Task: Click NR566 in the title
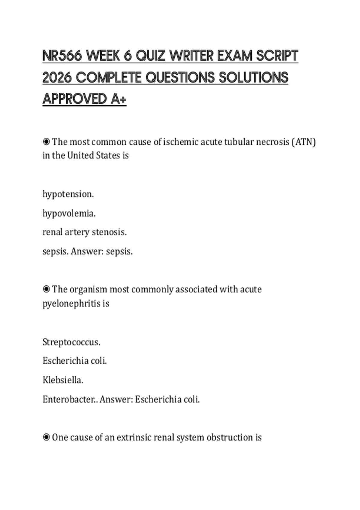62,56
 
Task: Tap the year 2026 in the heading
57,77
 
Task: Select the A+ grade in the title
118,99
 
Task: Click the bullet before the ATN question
46,142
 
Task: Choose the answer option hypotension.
68,194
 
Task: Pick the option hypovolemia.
69,213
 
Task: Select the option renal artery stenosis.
85,232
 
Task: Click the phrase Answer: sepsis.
102,251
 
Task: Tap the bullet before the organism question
46,289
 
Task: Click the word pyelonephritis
71,303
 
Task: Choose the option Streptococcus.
71,342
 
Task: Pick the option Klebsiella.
63,380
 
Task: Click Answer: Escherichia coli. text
150,399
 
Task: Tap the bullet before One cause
46,437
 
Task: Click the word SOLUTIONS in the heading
253,77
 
